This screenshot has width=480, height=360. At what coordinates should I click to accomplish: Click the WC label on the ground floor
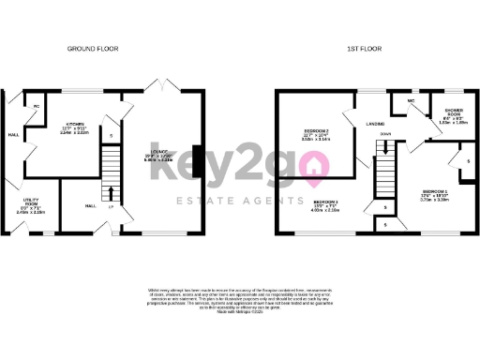(37, 105)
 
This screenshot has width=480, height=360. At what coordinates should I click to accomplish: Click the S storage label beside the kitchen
(111, 137)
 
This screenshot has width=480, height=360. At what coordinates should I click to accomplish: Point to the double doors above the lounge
(166, 85)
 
